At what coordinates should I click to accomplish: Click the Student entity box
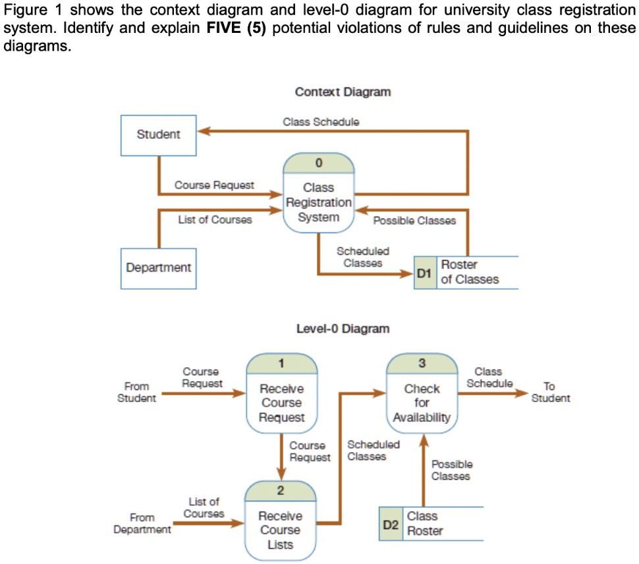click(x=158, y=135)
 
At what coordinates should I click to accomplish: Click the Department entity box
click(x=158, y=268)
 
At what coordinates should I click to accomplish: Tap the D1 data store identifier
click(x=424, y=272)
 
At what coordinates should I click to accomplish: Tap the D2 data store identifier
click(x=391, y=524)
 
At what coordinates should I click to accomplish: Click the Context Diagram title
click(x=343, y=91)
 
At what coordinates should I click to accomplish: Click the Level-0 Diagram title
click(x=343, y=328)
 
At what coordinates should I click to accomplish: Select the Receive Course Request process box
click(x=281, y=403)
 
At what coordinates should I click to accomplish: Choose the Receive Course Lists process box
click(x=280, y=530)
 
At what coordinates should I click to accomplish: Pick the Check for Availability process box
click(x=422, y=403)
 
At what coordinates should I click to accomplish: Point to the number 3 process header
click(x=422, y=363)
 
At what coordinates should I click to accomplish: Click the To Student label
click(x=550, y=392)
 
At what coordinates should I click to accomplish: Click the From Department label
click(x=142, y=523)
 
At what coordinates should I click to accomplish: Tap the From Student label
click(x=136, y=392)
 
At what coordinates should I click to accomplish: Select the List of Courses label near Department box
click(x=215, y=220)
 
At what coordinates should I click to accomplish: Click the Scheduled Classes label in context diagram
click(x=363, y=257)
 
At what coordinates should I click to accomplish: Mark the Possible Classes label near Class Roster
click(x=451, y=470)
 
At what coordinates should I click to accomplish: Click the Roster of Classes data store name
click(x=469, y=272)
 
